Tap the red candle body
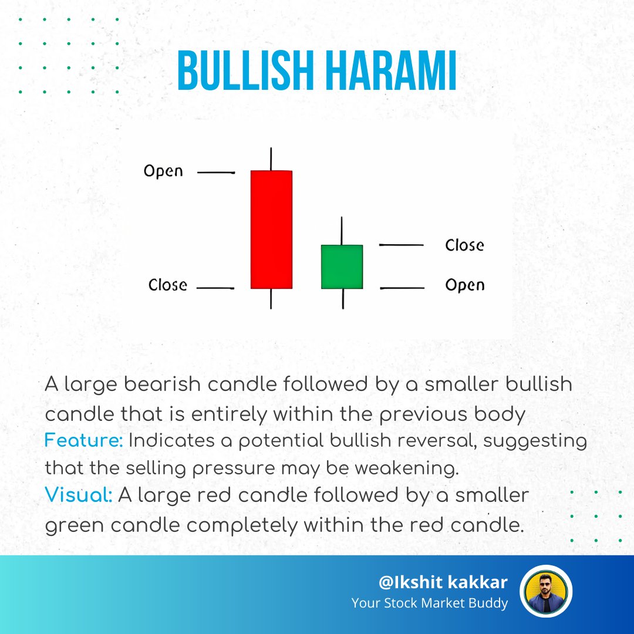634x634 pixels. click(x=271, y=229)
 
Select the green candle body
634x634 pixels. click(x=342, y=267)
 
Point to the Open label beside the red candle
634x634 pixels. click(x=163, y=171)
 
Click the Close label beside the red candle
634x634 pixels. click(x=168, y=285)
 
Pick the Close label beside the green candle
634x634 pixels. click(x=464, y=245)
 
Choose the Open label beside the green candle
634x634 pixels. click(x=465, y=285)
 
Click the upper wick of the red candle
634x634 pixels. click(x=271, y=158)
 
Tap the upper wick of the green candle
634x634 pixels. click(x=342, y=231)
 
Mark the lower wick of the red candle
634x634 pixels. click(x=271, y=299)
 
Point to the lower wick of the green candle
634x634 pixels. click(x=342, y=299)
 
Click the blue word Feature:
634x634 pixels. click(x=83, y=441)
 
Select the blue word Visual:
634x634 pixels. click(x=79, y=495)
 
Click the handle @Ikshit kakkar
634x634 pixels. click(x=443, y=582)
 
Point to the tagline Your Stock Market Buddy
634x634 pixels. click(x=429, y=603)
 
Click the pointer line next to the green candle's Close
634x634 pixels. click(x=402, y=245)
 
